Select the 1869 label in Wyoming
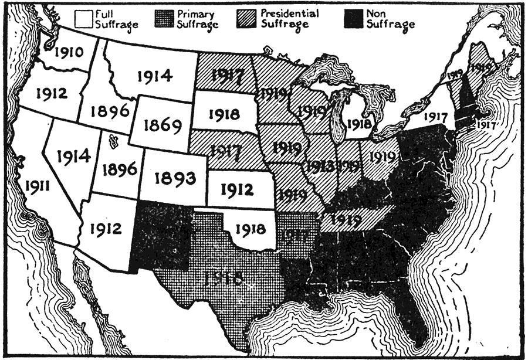[x=156, y=125]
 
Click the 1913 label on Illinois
[x=320, y=166]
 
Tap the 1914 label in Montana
[x=154, y=76]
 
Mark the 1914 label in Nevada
[x=75, y=157]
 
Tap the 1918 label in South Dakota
[x=224, y=114]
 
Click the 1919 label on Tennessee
[x=346, y=220]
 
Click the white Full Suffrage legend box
[x=85, y=18]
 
